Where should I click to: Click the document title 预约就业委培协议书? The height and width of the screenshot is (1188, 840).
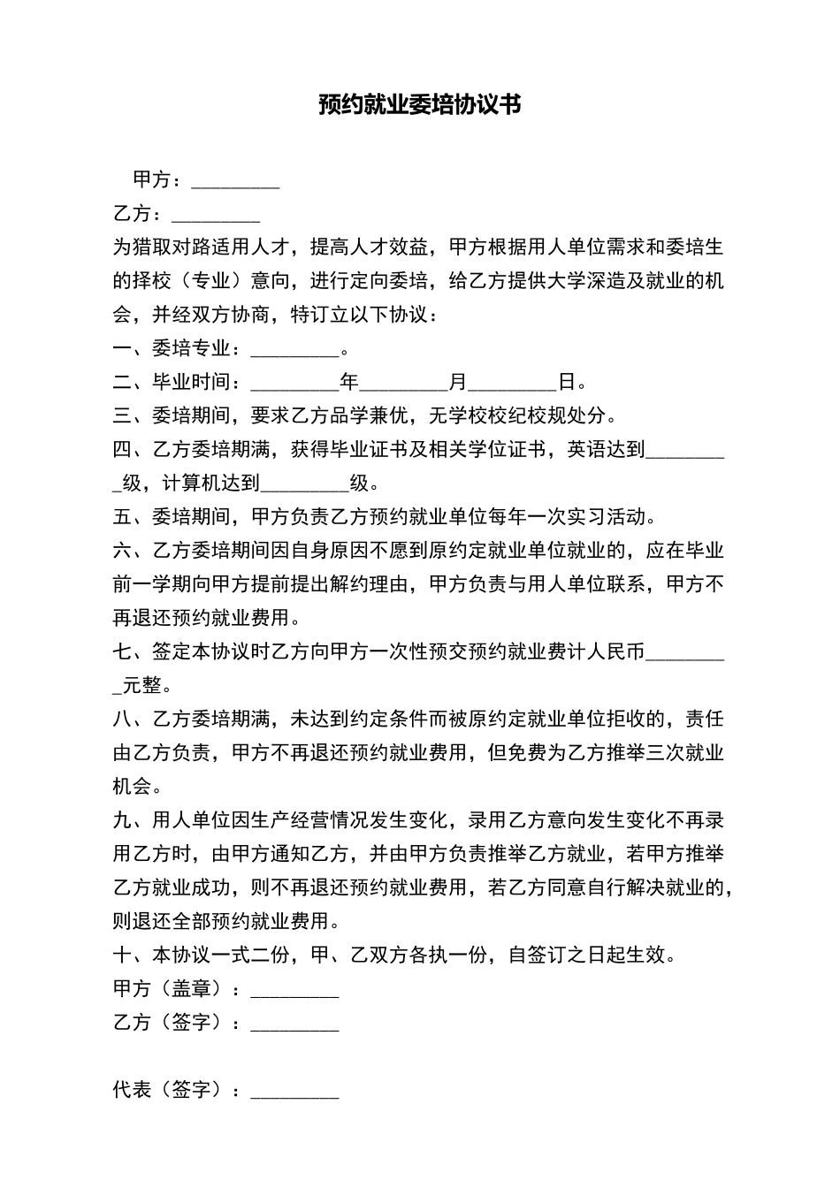coord(420,105)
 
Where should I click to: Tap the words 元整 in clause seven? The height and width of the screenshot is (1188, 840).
coord(141,685)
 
